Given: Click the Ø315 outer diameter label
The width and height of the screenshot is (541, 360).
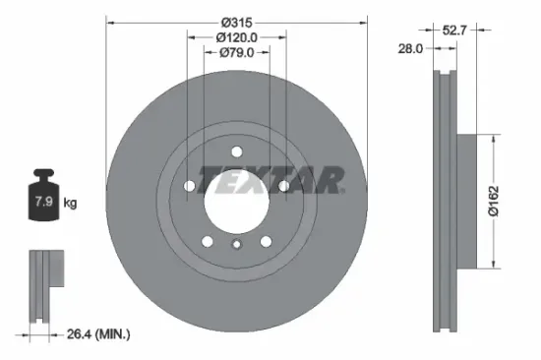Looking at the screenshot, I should [236, 21].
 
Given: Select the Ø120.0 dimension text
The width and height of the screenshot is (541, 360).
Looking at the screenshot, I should [236, 36].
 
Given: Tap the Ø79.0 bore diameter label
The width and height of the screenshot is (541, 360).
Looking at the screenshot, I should [236, 52].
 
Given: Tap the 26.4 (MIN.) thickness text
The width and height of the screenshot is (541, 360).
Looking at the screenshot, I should [96, 334].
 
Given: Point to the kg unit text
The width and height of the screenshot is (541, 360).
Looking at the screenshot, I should [70, 204].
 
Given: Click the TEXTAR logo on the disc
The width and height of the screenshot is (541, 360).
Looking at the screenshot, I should [270, 181].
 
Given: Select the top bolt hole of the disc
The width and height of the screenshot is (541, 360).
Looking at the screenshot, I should [237, 150].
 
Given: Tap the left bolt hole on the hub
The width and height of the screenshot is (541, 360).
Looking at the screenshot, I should [190, 185].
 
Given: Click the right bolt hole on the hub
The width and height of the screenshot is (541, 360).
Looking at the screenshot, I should [283, 185].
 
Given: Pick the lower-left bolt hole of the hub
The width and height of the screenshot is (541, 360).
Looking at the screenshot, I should [208, 241].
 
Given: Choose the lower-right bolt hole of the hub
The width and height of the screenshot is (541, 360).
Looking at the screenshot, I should [266, 241].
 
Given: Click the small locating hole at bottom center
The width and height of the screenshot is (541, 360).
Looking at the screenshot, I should [236, 247].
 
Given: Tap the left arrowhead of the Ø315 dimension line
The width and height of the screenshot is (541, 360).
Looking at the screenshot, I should [109, 21].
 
